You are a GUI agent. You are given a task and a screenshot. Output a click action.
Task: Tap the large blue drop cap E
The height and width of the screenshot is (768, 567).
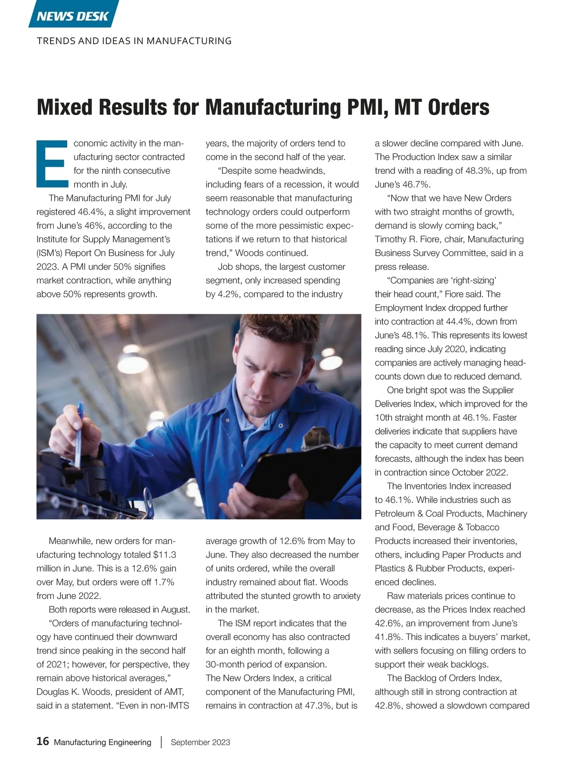point(51,163)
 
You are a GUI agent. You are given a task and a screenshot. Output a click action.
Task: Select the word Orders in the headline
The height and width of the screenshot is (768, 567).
point(459,107)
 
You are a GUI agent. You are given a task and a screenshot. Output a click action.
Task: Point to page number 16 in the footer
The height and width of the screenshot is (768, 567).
point(43,741)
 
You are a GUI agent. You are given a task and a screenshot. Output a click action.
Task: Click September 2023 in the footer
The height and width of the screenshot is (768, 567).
point(200,742)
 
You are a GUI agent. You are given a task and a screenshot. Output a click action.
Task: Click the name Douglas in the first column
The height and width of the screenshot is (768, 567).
point(52,691)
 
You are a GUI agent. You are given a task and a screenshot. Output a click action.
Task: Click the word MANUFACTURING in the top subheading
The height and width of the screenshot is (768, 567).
point(189,41)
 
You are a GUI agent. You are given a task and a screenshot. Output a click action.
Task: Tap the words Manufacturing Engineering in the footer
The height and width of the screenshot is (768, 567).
point(103,742)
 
